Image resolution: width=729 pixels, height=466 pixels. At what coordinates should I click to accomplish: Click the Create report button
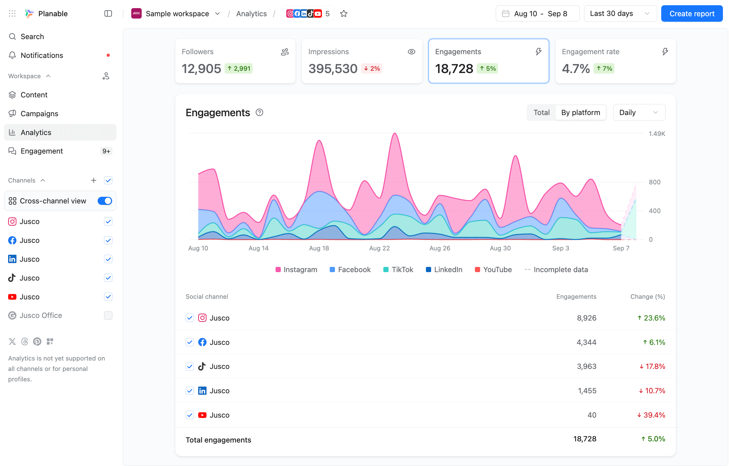point(691,14)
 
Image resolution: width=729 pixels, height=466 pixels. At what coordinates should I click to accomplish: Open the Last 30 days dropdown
point(620,14)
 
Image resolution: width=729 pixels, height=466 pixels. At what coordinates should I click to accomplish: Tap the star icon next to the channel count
point(344,14)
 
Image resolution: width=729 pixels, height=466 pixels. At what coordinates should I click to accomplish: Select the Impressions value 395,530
point(333,69)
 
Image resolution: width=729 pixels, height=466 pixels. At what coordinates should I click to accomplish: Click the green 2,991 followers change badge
point(238,68)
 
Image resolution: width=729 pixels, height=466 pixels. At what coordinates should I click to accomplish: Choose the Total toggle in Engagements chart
point(541,113)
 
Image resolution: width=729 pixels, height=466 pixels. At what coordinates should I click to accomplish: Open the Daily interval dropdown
point(639,113)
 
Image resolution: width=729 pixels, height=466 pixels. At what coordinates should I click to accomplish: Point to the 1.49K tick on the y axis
point(657,134)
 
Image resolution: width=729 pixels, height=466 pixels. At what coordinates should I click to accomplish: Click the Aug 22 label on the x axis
point(379,248)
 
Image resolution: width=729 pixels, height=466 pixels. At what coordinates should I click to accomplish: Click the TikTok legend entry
point(398,270)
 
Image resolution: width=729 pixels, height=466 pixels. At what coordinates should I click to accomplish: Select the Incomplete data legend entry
point(556,270)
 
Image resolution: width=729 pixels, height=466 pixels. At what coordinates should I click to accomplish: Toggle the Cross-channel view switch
point(105,201)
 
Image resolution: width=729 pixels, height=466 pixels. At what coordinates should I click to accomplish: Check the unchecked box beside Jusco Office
point(108,316)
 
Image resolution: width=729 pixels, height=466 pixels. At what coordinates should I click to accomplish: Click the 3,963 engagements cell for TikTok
point(586,367)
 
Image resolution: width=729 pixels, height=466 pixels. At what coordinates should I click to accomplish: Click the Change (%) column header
point(647,297)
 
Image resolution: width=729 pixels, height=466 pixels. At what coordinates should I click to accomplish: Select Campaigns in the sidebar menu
point(39,114)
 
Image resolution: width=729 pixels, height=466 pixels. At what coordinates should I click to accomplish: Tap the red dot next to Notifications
point(108,55)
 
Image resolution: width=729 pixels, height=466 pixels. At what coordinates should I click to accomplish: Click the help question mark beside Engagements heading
point(259,113)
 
